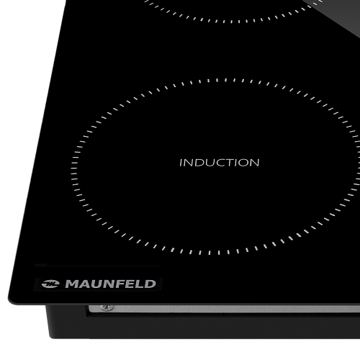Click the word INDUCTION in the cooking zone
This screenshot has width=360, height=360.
click(220, 163)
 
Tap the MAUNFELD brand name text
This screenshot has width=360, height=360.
click(111, 284)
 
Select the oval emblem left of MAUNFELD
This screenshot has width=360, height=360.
click(50, 284)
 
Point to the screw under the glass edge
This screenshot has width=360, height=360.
click(107, 307)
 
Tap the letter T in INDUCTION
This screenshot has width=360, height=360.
click(228, 163)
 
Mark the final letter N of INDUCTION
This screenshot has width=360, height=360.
click(255, 163)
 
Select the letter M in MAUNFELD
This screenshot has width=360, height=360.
click(71, 284)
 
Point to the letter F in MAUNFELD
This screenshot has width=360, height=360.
click(121, 284)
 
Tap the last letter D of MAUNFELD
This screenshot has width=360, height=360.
click(151, 284)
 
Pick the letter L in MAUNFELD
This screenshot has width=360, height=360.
click(141, 284)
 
